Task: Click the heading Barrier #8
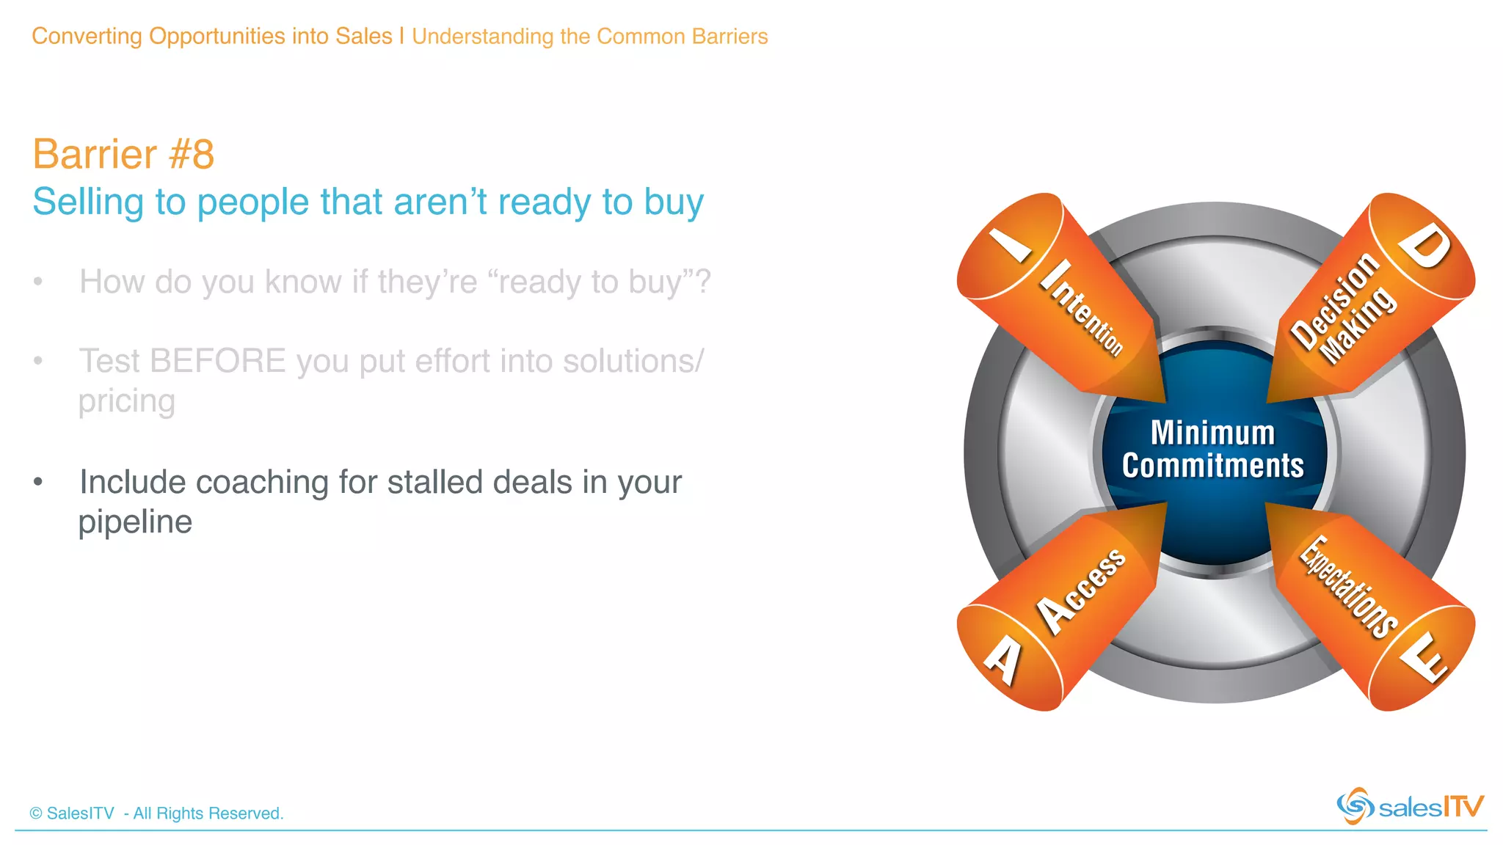coord(123,155)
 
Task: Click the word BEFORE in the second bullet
coord(217,361)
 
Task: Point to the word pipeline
coord(135,522)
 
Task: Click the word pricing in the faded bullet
coord(127,401)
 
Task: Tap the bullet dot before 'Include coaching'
coord(38,482)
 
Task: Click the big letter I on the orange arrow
coord(1011,245)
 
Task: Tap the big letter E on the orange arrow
coord(1424,657)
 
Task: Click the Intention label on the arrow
coord(1082,308)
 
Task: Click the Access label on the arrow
coord(1080,590)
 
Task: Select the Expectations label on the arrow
coord(1349,587)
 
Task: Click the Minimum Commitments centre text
coord(1213,449)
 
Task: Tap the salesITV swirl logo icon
coord(1355,806)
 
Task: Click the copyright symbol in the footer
coord(36,813)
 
